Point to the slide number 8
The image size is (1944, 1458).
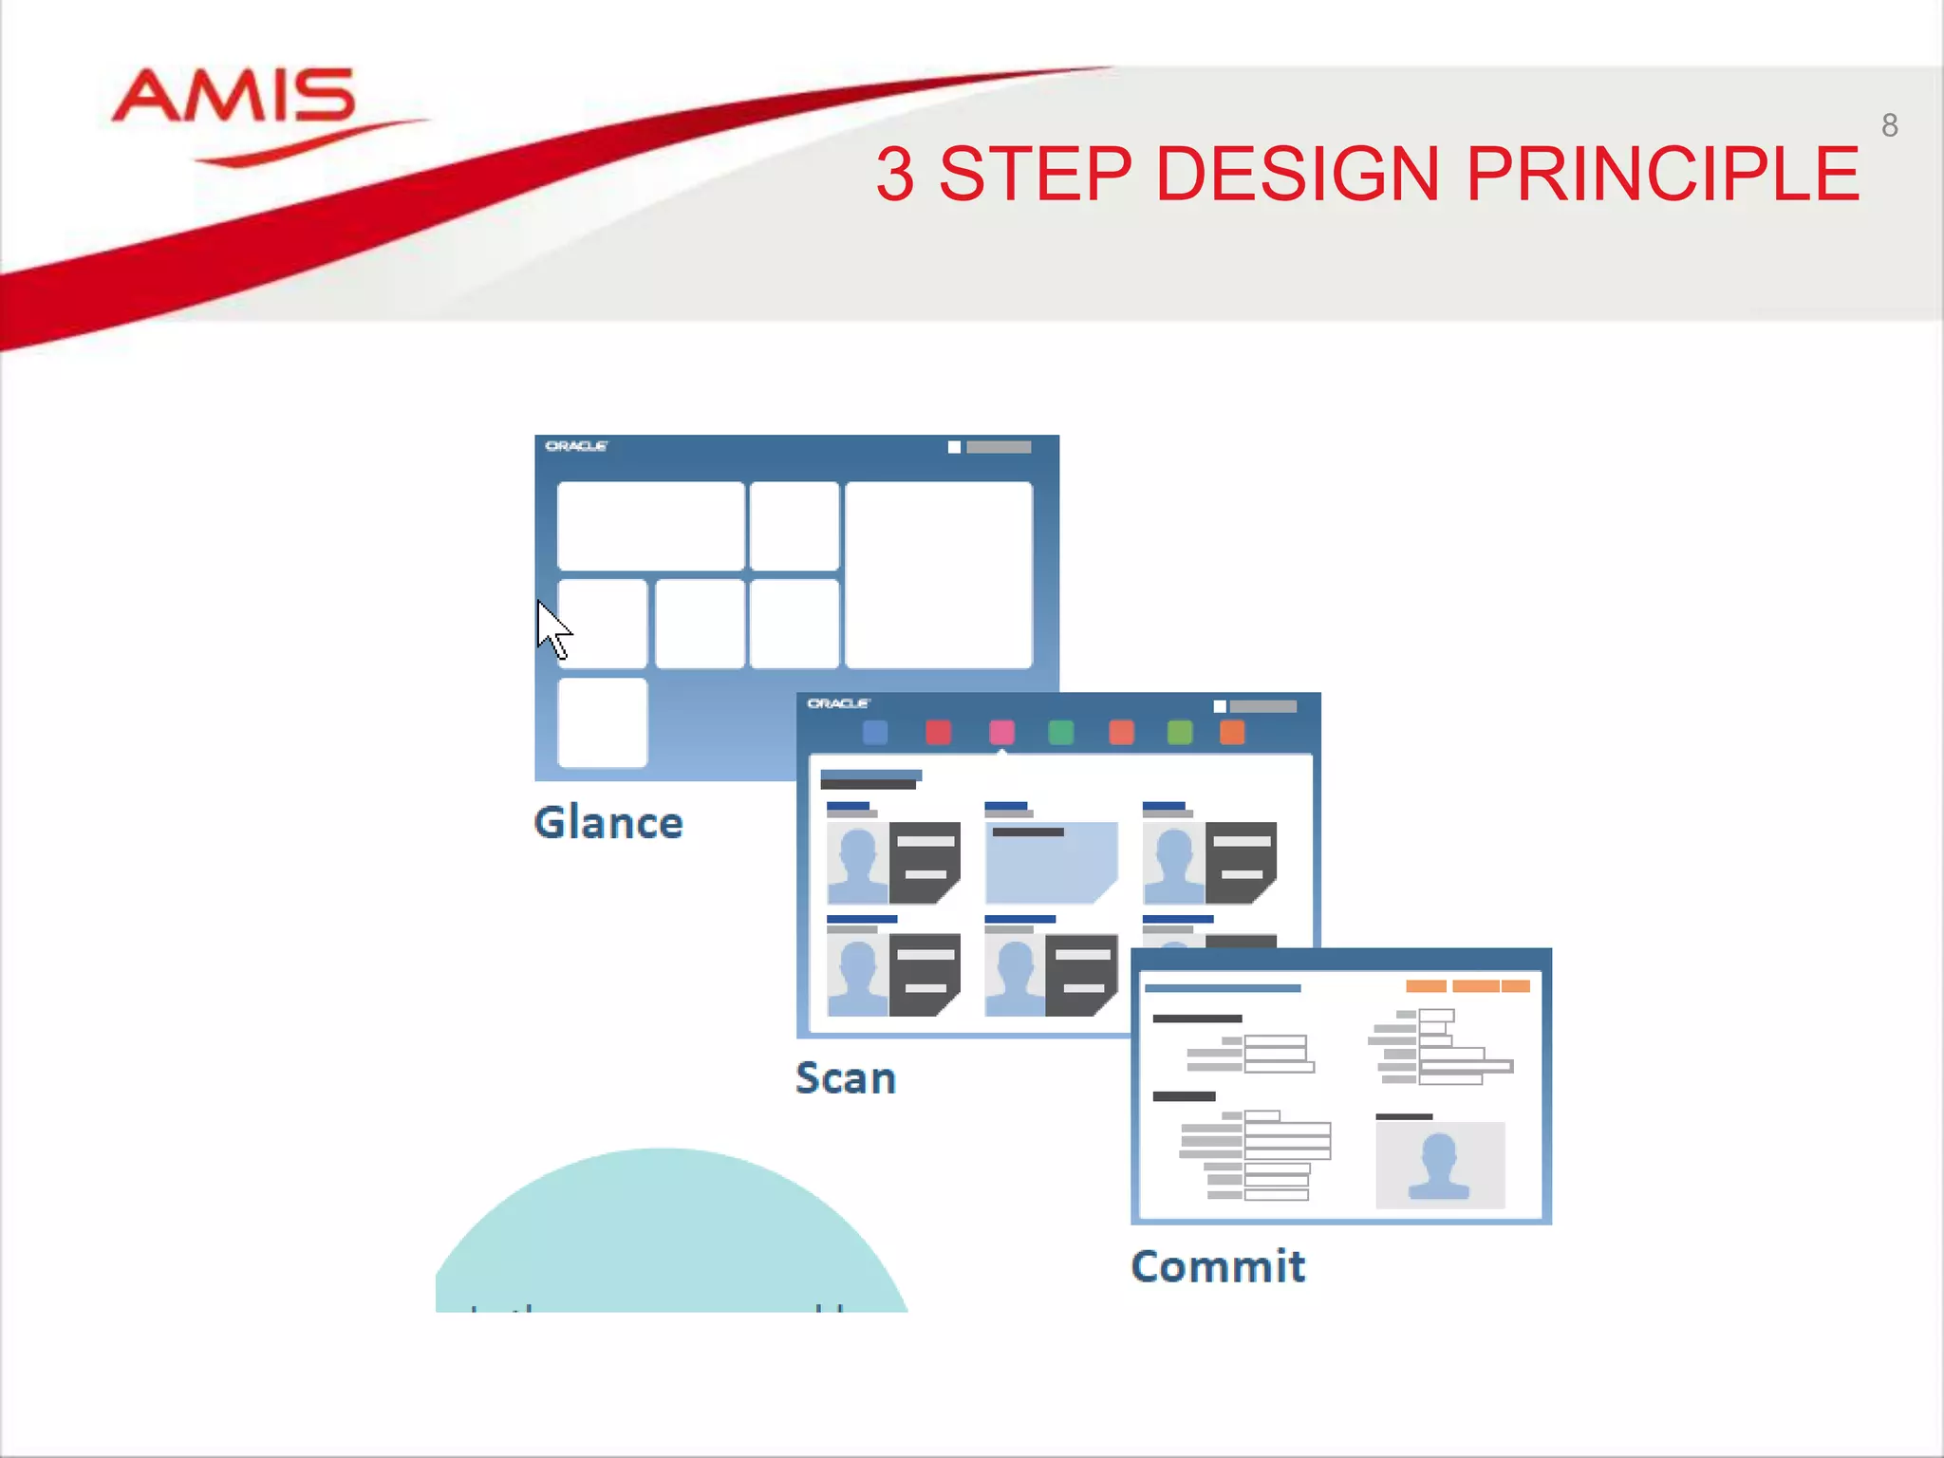click(x=1889, y=125)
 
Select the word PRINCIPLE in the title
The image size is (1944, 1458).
click(x=1662, y=174)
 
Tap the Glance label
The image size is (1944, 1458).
click(x=607, y=822)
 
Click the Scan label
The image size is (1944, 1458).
click(x=845, y=1078)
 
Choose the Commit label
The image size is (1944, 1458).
click(x=1218, y=1266)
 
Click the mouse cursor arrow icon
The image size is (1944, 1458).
click(x=552, y=628)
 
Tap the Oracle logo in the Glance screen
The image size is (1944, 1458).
click(x=576, y=446)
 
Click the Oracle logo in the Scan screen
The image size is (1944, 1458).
click(x=838, y=703)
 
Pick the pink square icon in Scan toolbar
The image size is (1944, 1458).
click(x=1001, y=732)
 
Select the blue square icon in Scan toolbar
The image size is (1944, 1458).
click(x=875, y=732)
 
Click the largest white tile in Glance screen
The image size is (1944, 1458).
click(x=938, y=574)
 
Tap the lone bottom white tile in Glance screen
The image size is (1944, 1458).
click(x=602, y=721)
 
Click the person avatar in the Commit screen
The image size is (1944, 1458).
click(x=1439, y=1165)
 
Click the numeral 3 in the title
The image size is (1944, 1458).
click(x=895, y=174)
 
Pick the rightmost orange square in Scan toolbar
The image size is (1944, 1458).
click(x=1231, y=732)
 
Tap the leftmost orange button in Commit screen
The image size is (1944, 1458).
click(x=1426, y=986)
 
